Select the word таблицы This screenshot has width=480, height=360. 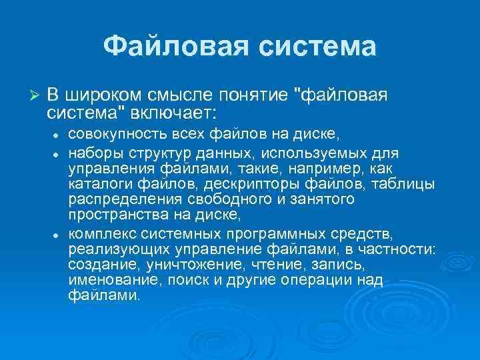[x=408, y=184]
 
